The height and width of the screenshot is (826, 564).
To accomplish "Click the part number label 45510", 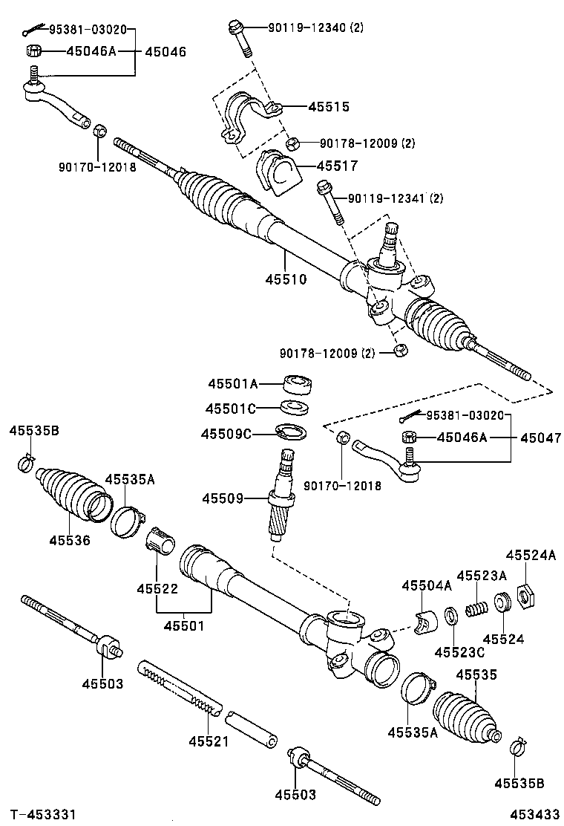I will click(x=286, y=279).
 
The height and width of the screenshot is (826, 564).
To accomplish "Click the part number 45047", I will click(x=540, y=438).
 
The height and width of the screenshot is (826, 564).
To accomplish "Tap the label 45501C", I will click(x=231, y=409).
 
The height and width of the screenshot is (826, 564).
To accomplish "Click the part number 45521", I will click(x=209, y=741).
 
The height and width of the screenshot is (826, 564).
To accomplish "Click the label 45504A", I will click(x=427, y=586).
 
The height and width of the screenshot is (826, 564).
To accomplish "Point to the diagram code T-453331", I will click(x=42, y=815).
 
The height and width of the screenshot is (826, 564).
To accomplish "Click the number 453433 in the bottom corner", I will click(x=532, y=815).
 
